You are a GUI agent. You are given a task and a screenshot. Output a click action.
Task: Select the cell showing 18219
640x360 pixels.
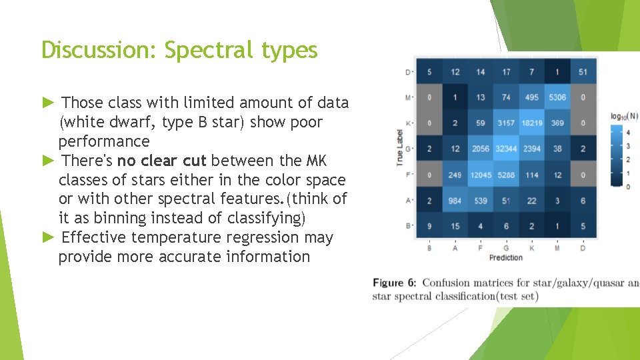(x=531, y=123)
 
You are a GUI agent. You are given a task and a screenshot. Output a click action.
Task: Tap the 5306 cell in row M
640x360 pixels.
(x=557, y=97)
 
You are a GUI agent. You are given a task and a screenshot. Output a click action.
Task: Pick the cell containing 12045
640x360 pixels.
(x=480, y=175)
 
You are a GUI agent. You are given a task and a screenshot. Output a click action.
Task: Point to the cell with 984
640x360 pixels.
(x=455, y=201)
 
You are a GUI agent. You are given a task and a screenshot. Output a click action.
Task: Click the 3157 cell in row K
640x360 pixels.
(x=506, y=123)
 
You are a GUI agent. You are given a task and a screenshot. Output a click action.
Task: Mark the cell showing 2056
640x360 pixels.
(x=480, y=149)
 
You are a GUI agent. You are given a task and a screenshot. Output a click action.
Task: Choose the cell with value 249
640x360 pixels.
(x=455, y=175)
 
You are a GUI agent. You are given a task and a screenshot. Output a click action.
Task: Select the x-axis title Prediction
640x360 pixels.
(x=506, y=257)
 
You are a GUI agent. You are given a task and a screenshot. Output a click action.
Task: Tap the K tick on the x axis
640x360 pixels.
(x=531, y=247)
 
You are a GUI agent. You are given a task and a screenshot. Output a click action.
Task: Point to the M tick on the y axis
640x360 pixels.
(x=407, y=97)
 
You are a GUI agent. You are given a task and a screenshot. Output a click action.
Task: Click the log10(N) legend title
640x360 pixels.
(x=625, y=116)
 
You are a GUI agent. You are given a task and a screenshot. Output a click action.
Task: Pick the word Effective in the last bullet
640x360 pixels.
(x=93, y=237)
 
